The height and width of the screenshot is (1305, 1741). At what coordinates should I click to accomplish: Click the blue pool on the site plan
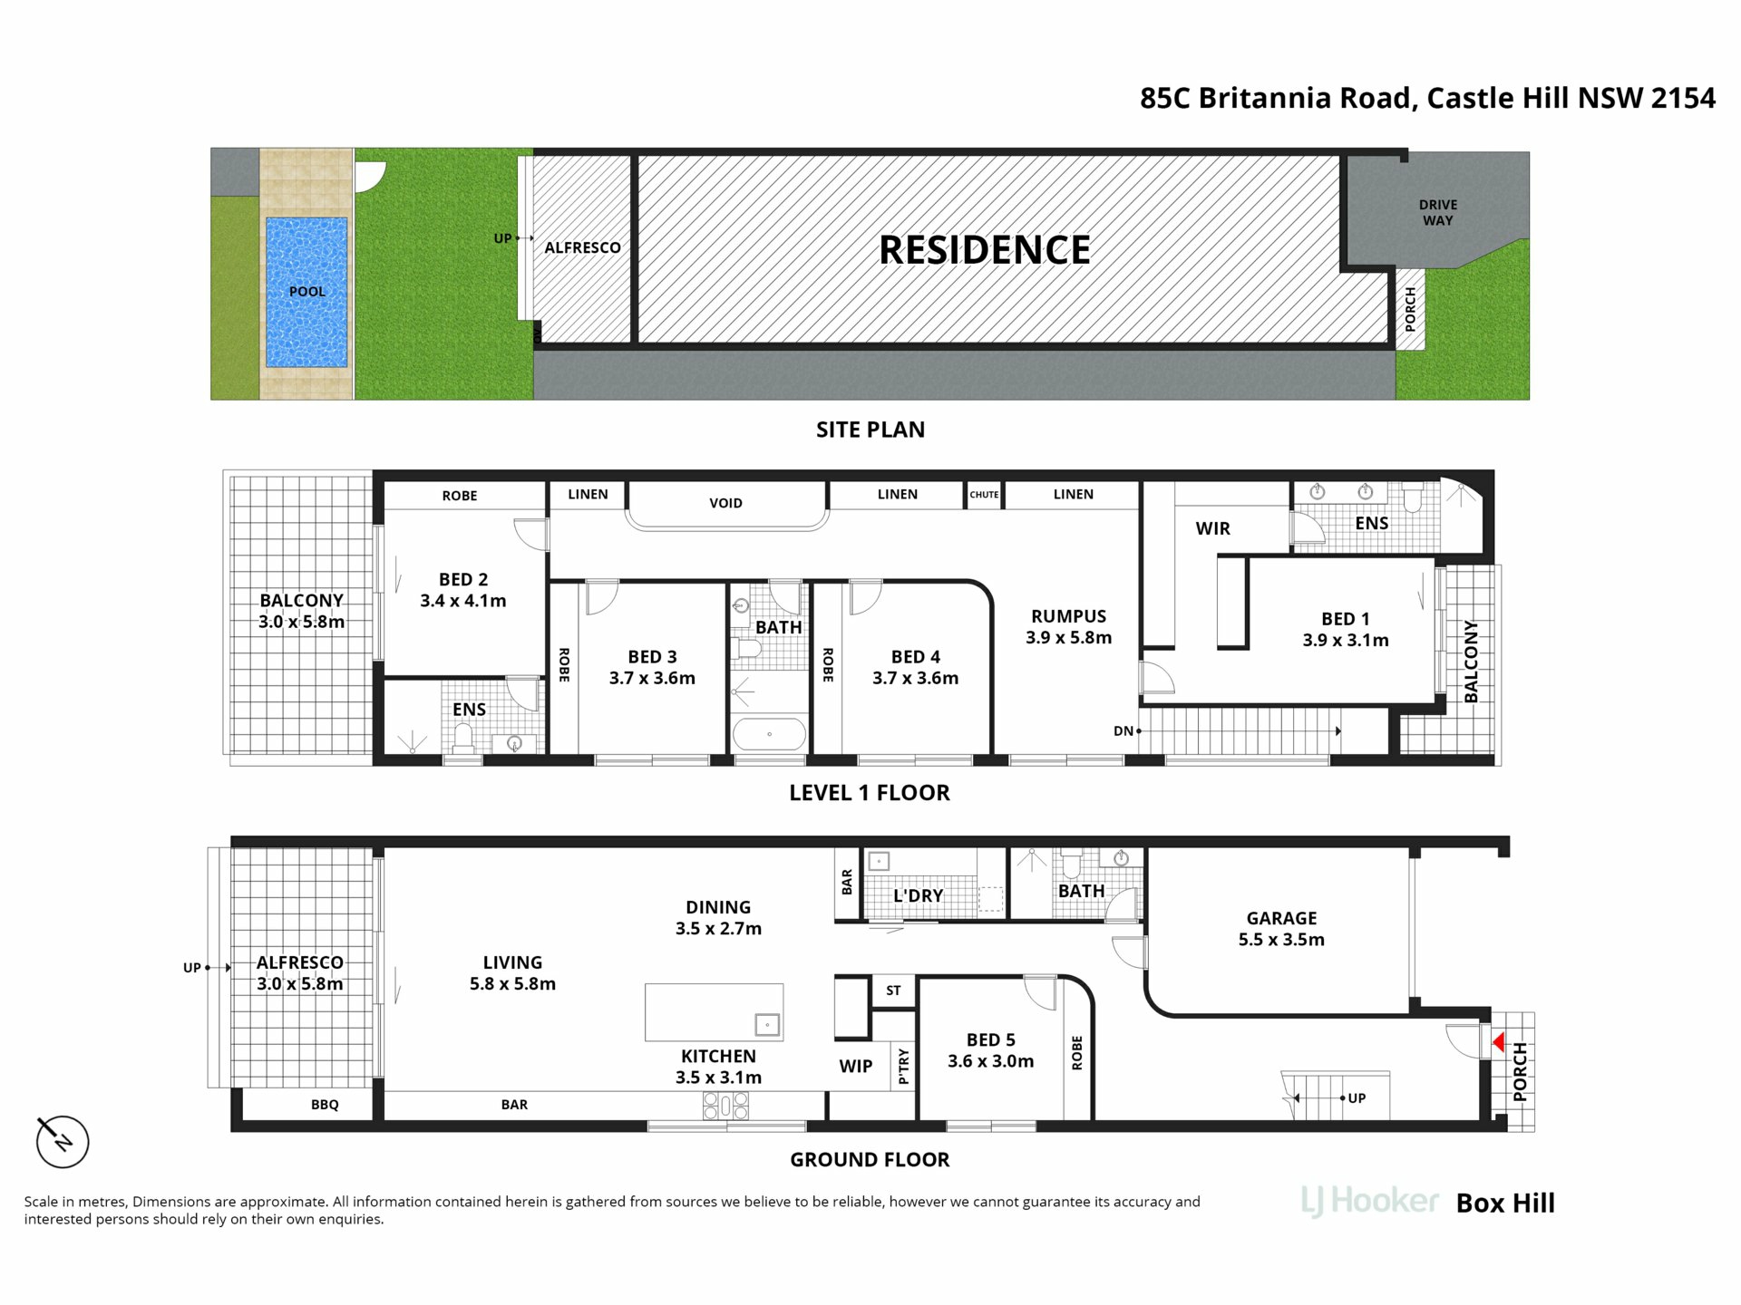pos(306,292)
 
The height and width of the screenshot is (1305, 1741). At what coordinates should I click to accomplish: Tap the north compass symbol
pos(62,1140)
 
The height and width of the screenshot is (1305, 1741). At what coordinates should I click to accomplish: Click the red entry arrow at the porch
pos(1499,1042)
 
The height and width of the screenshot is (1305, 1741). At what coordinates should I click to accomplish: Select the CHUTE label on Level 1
pos(984,495)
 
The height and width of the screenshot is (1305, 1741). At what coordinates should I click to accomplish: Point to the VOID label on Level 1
pos(725,503)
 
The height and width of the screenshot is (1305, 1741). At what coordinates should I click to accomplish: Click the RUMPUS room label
pos(1068,616)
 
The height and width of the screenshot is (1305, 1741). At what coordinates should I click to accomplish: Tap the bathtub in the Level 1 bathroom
pos(769,734)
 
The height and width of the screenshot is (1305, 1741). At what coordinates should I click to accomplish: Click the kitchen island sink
pos(767,1025)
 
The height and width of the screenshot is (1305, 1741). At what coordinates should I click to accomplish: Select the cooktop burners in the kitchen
pos(725,1106)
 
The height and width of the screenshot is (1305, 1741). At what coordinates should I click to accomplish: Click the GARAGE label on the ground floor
pos(1281,918)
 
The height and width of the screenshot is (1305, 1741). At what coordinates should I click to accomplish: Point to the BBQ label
pos(325,1105)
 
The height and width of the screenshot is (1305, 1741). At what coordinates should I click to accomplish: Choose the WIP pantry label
pos(855,1067)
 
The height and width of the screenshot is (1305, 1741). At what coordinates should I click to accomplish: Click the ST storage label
pos(893,991)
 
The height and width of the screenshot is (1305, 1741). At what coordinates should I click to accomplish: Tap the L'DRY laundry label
pos(919,895)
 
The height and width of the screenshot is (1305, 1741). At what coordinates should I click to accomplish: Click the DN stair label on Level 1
pos(1123,731)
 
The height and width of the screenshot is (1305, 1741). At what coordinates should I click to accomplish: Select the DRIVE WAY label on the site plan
pos(1438,213)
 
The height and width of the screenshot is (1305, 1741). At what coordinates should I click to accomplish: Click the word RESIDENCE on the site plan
pos(985,250)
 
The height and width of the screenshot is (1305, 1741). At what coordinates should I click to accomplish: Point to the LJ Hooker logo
pos(1369,1202)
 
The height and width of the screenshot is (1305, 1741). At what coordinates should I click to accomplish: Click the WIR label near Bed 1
pos(1212,528)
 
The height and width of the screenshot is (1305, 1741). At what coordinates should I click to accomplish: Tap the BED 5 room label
pos(990,1040)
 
